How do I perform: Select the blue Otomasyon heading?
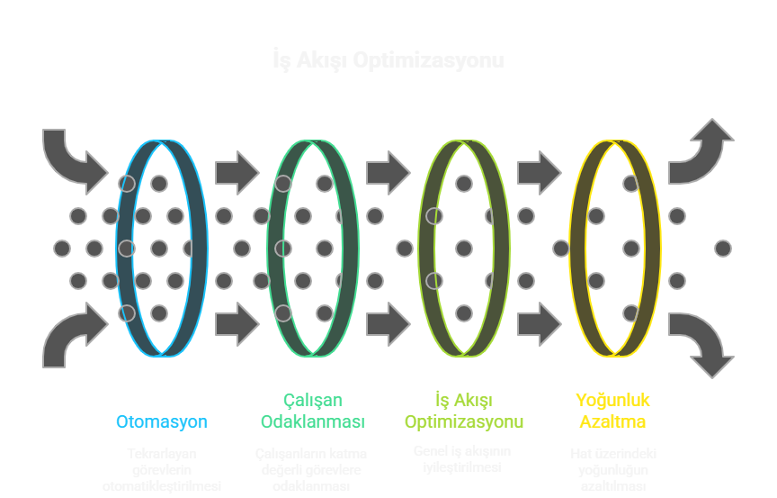click(162, 421)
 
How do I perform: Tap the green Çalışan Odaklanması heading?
click(312, 411)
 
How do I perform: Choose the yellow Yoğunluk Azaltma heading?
click(612, 411)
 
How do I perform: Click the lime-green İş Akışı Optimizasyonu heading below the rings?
click(463, 411)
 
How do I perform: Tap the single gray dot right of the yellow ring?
click(723, 248)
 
